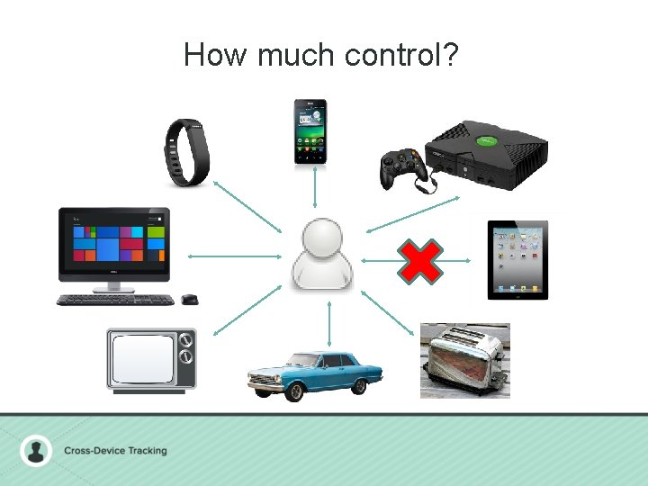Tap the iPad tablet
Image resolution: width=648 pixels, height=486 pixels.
(517, 259)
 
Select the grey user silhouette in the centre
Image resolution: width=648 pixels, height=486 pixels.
(322, 255)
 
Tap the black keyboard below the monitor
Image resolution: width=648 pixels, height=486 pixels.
(115, 299)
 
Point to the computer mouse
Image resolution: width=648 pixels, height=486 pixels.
(189, 299)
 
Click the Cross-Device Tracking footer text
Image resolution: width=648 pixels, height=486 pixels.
(115, 450)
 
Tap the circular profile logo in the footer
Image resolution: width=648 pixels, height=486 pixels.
(37, 450)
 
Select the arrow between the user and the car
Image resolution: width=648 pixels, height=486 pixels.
(329, 323)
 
